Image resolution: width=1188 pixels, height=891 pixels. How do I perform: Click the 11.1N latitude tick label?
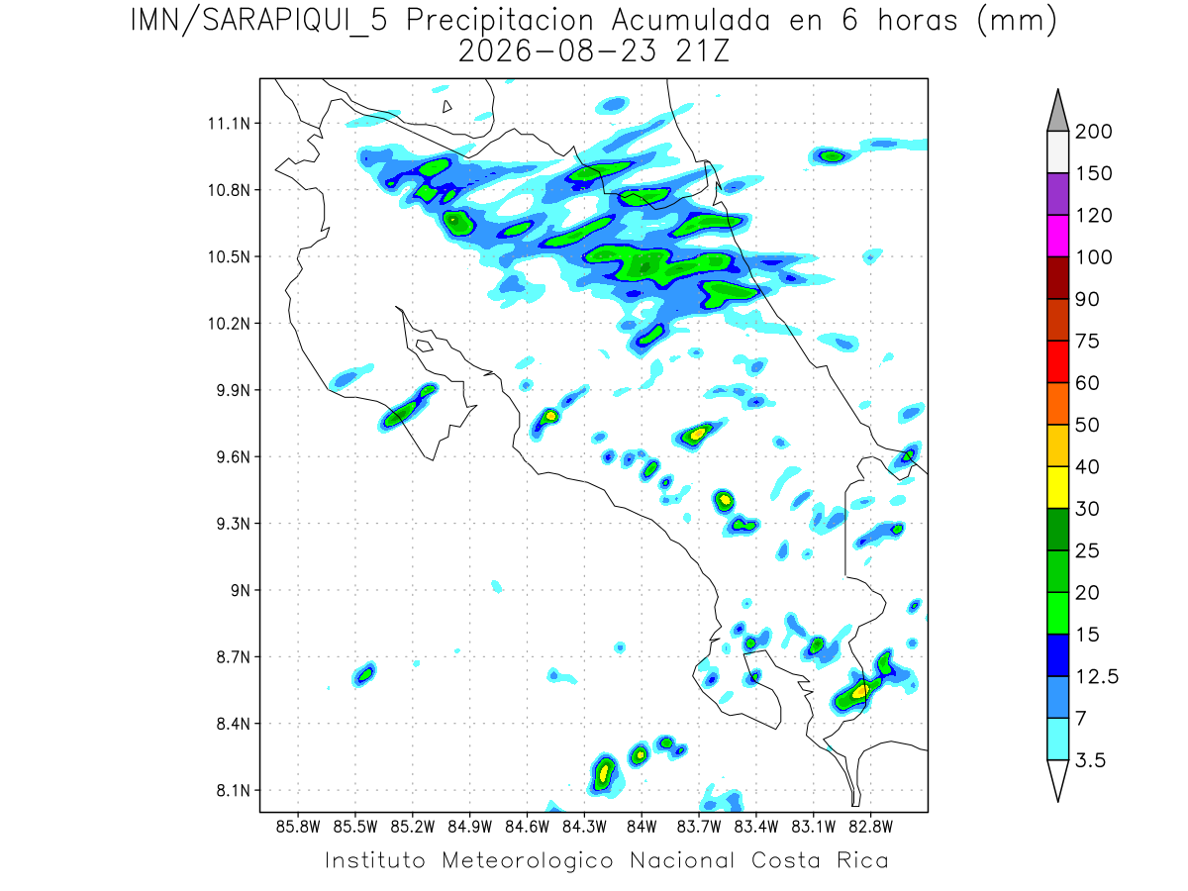[x=229, y=124]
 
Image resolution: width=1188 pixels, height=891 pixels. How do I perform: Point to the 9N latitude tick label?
[x=241, y=590]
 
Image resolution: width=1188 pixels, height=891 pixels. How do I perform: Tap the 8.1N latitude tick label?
[x=234, y=790]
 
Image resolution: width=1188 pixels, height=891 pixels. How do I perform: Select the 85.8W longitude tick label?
[x=298, y=828]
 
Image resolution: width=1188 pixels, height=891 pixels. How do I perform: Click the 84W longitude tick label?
[x=642, y=828]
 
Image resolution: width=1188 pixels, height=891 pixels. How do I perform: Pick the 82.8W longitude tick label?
[x=871, y=828]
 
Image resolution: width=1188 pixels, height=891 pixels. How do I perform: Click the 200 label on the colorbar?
[x=1093, y=132]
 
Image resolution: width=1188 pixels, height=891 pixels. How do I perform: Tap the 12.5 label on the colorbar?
[x=1097, y=677]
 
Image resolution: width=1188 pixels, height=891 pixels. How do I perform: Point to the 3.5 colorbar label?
[x=1090, y=760]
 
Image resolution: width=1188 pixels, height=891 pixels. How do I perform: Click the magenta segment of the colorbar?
[x=1057, y=236]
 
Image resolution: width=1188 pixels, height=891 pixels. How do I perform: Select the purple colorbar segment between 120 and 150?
[x=1057, y=194]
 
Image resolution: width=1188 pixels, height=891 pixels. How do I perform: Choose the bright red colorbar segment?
[x=1057, y=362]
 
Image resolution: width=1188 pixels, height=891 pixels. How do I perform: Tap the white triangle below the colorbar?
[x=1057, y=778]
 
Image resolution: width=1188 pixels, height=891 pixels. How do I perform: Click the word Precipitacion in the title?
[x=500, y=21]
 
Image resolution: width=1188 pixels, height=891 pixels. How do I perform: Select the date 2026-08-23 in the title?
[x=557, y=51]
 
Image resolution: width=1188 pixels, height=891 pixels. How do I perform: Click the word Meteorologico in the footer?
[x=528, y=860]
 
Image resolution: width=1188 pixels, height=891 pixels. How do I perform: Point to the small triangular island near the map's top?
[x=446, y=107]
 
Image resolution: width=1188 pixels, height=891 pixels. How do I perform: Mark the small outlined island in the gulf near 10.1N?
[x=425, y=346]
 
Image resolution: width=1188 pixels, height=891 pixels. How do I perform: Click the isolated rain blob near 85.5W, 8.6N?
[x=364, y=674]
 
